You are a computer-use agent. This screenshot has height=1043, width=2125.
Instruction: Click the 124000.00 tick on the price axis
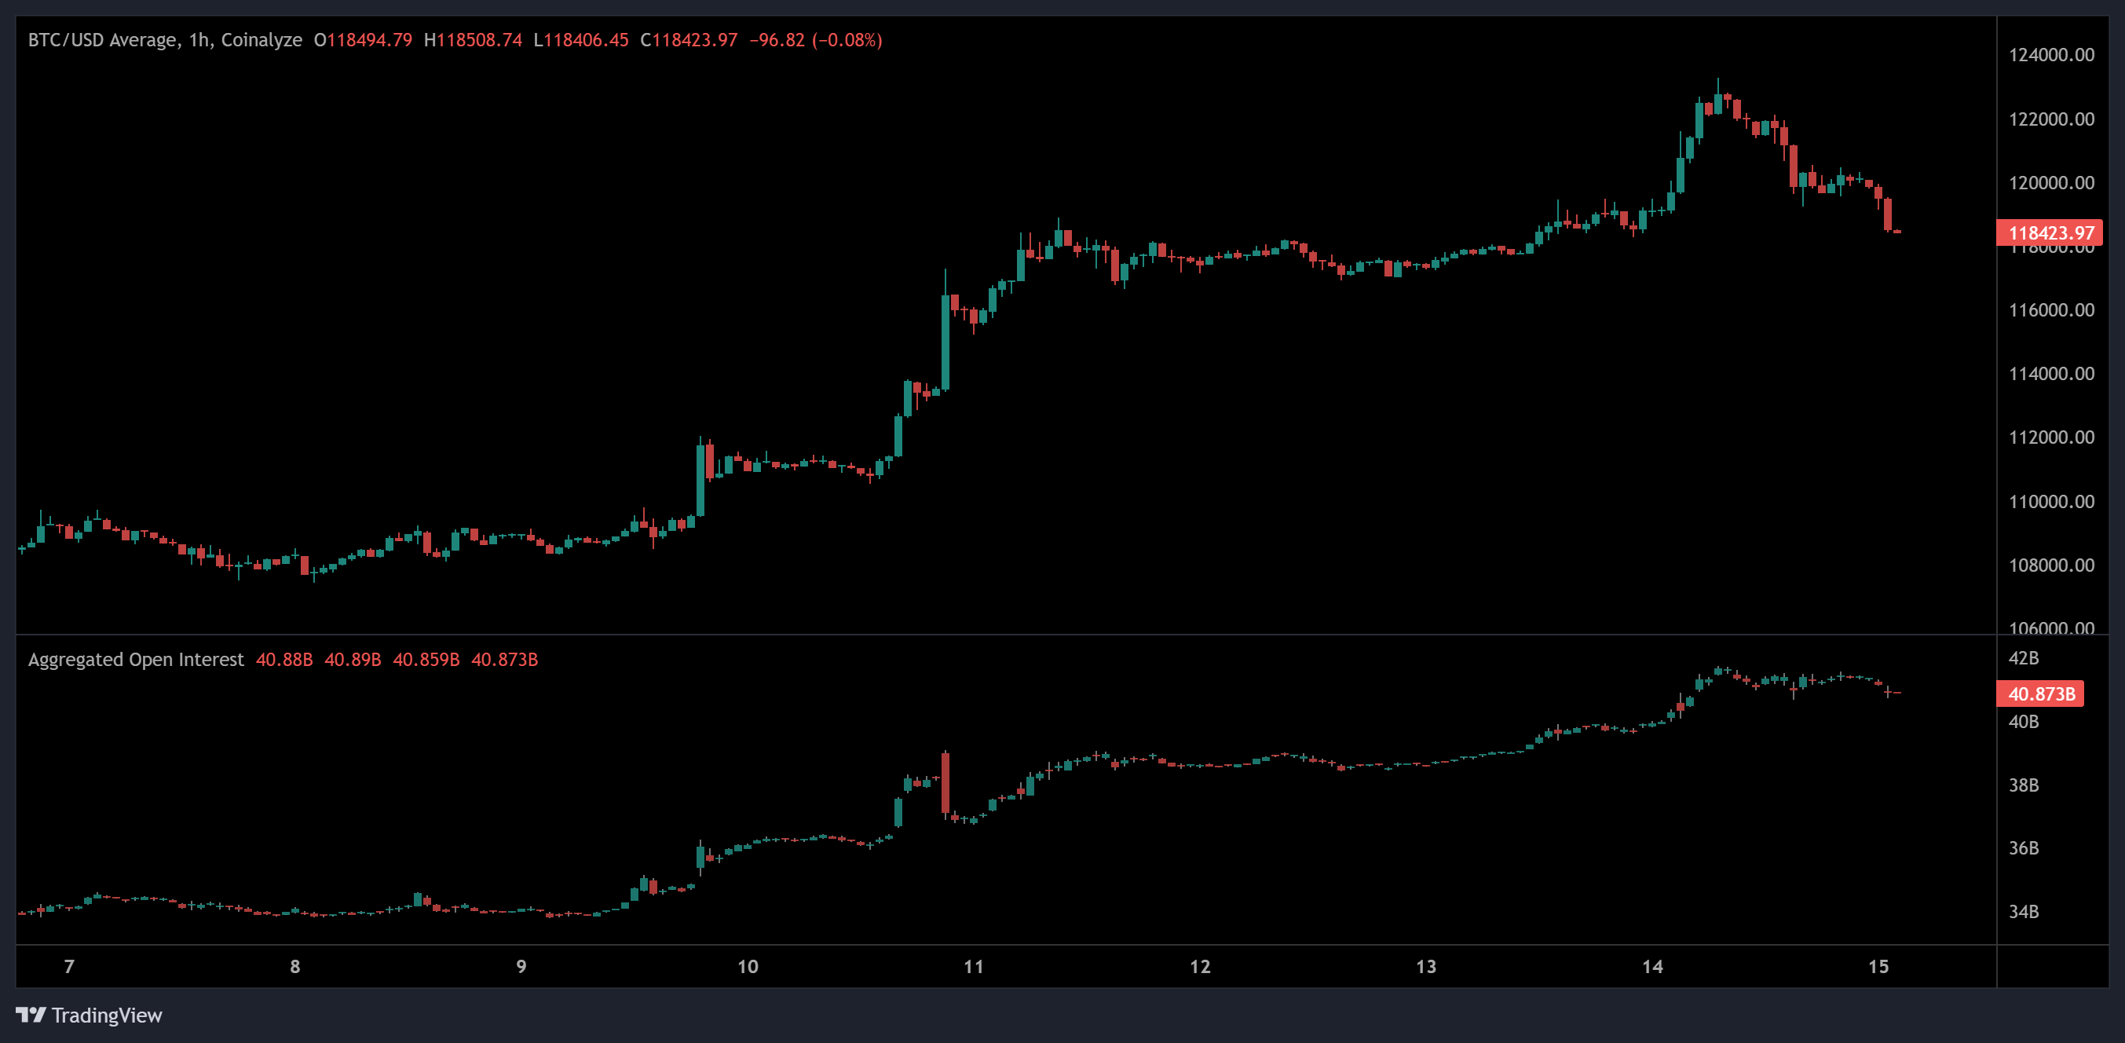(x=2050, y=55)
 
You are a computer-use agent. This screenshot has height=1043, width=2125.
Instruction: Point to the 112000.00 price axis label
(x=2050, y=437)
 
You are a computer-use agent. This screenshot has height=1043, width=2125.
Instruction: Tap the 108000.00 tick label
(x=2050, y=565)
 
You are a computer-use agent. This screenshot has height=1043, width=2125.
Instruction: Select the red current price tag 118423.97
(x=2049, y=232)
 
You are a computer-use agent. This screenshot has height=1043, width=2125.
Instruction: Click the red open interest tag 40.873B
(x=2039, y=694)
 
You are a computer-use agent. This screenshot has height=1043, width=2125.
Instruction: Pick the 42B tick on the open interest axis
(x=2023, y=658)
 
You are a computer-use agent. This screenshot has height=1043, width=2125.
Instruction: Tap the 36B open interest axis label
(x=2023, y=848)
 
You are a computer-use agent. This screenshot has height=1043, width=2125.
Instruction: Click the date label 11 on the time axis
(x=974, y=966)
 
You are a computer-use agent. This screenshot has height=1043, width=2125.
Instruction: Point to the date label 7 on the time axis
(x=69, y=966)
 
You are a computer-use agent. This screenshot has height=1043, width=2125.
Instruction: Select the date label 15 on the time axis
(x=1878, y=966)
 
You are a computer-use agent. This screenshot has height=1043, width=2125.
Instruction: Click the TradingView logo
(x=89, y=1015)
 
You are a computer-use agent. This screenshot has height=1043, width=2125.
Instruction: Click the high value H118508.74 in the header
(x=473, y=39)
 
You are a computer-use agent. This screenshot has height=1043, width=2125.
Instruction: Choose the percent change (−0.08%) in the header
(x=847, y=39)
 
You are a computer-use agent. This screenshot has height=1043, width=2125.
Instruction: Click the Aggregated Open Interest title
(x=136, y=659)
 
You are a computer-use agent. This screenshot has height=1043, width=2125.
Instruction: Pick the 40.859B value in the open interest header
(x=426, y=659)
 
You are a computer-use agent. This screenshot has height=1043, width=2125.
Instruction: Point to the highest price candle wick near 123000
(x=1718, y=86)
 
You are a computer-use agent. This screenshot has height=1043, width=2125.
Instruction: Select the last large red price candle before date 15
(x=1887, y=214)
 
